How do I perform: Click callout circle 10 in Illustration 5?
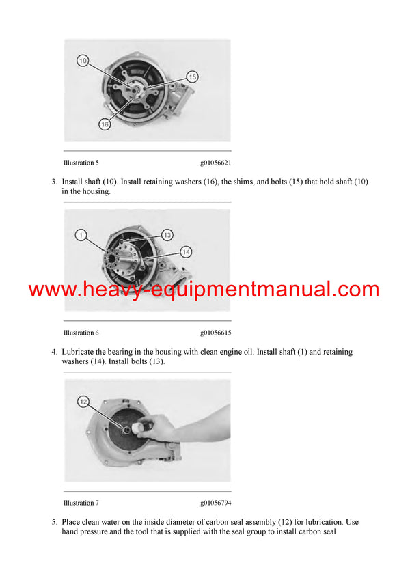click(x=83, y=61)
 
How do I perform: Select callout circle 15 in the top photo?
click(x=192, y=77)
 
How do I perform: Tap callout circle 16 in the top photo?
click(x=105, y=124)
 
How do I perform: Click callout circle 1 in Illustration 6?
click(x=81, y=236)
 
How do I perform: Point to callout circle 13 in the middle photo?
click(x=167, y=235)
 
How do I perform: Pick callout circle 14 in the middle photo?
click(x=186, y=252)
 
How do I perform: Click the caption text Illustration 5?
click(x=81, y=163)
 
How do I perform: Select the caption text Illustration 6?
click(x=81, y=333)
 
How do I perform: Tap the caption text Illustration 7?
click(x=81, y=503)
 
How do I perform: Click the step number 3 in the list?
click(x=53, y=182)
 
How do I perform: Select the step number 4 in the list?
click(x=53, y=352)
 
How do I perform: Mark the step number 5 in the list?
click(x=53, y=522)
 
